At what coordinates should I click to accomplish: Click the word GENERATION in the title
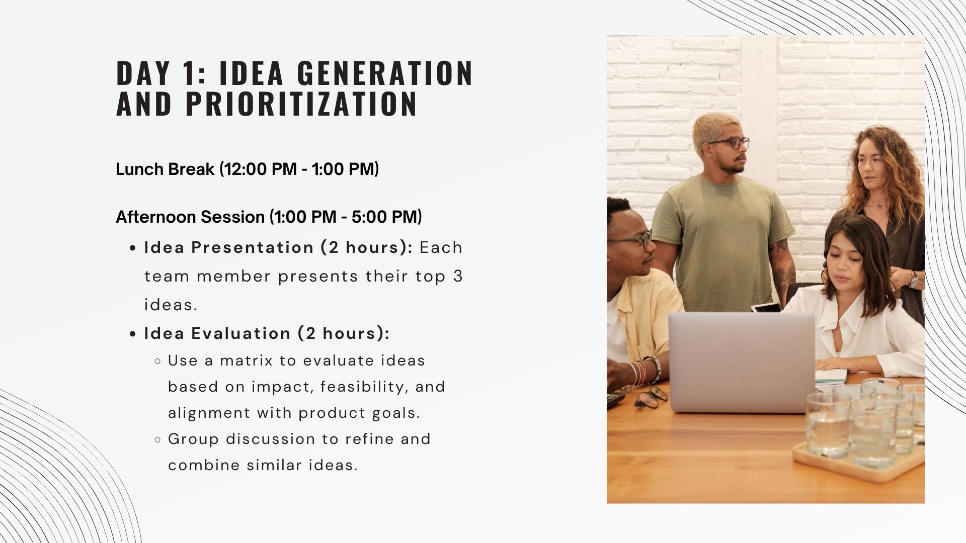point(385,73)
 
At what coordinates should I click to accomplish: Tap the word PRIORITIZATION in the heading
point(302,104)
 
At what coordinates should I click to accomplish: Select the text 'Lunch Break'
point(165,169)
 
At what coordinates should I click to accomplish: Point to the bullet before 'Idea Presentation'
point(133,248)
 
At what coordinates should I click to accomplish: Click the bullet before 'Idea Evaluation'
point(133,334)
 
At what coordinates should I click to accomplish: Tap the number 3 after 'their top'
point(457,277)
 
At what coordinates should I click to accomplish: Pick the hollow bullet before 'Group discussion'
point(157,439)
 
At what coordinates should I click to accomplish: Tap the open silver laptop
point(742,362)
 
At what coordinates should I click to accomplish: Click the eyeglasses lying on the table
point(651,397)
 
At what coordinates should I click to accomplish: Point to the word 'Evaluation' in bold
point(241,334)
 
